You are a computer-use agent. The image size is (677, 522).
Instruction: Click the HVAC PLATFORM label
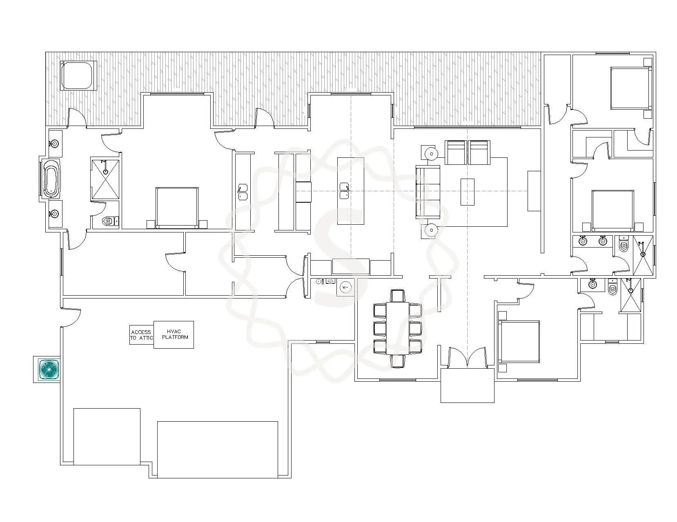tap(175, 334)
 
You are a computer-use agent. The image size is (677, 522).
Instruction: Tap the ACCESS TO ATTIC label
tap(142, 335)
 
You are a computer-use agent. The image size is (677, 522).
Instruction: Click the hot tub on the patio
tap(78, 75)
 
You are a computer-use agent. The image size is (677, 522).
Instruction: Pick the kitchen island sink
tap(344, 191)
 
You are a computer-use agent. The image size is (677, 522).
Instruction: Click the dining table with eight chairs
tap(398, 328)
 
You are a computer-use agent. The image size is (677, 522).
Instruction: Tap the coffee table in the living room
tap(468, 192)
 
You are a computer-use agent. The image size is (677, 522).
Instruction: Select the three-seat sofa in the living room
tap(428, 192)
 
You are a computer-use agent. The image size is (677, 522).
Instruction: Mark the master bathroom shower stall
tap(105, 179)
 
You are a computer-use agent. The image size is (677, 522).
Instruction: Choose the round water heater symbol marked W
tap(345, 287)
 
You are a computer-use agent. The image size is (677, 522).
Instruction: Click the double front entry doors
tap(468, 358)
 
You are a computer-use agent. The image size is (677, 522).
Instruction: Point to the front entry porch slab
tap(468, 385)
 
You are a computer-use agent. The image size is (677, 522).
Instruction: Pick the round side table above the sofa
tap(432, 153)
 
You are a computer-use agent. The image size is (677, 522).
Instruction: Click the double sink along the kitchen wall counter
tap(243, 192)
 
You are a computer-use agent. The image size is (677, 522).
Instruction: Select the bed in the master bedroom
tap(177, 208)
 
